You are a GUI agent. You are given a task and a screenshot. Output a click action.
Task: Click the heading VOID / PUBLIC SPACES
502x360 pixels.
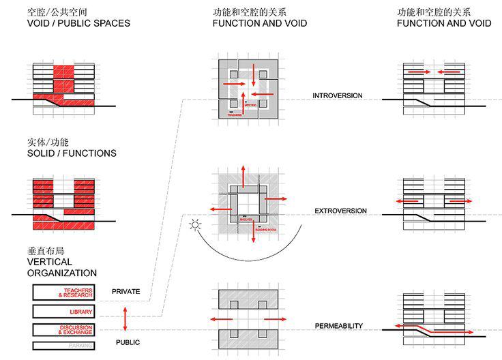pyautogui.click(x=78, y=23)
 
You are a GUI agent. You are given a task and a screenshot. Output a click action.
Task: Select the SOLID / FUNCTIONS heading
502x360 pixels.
pyautogui.click(x=72, y=153)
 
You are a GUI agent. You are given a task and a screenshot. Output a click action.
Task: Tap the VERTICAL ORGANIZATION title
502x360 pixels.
pyautogui.click(x=62, y=267)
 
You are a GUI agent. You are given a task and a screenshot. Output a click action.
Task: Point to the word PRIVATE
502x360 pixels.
pyautogui.click(x=125, y=292)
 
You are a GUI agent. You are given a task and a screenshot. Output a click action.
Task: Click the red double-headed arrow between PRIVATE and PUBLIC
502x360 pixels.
pyautogui.click(x=124, y=318)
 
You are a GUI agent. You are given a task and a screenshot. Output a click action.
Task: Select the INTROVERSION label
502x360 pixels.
pyautogui.click(x=338, y=95)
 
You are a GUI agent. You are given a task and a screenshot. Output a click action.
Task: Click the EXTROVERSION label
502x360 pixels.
pyautogui.click(x=340, y=211)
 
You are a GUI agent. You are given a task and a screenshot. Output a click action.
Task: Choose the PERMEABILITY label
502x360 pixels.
pyautogui.click(x=338, y=326)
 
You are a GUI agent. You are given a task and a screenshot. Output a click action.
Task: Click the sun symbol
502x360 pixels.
pyautogui.click(x=195, y=224)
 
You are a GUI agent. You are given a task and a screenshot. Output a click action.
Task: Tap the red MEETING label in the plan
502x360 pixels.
pyautogui.click(x=250, y=106)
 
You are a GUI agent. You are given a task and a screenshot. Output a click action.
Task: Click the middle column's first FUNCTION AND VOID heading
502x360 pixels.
pyautogui.click(x=259, y=23)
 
